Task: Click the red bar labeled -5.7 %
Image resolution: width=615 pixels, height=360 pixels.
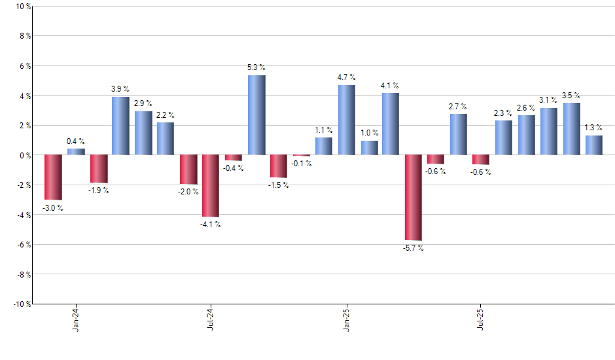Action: pos(413,198)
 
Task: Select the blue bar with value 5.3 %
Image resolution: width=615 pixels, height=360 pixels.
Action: pos(256,115)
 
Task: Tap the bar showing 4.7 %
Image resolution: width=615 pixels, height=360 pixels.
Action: pos(347,120)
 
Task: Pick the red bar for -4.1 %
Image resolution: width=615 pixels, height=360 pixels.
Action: pos(211,186)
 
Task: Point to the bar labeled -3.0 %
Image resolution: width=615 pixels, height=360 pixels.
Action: pos(53,177)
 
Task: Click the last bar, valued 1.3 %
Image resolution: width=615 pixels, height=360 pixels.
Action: pos(594,145)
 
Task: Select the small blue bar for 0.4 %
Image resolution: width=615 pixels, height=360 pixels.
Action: pos(76,152)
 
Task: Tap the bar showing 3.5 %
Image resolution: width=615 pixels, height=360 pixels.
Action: pos(572,129)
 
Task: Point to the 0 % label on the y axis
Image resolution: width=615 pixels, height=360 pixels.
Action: pos(25,155)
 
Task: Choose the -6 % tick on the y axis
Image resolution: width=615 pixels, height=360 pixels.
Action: pos(24,244)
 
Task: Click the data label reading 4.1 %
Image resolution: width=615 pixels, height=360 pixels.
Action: pos(391,86)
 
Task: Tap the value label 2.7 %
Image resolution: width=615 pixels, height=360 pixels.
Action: pos(458,107)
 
